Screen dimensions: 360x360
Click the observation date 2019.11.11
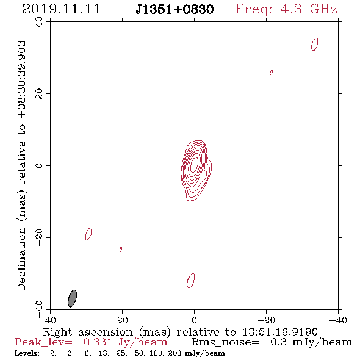pyautogui.click(x=61, y=9)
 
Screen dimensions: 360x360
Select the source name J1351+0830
pyautogui.click(x=175, y=9)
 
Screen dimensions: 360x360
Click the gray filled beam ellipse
pyautogui.click(x=73, y=298)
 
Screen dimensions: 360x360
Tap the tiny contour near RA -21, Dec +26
pyautogui.click(x=271, y=73)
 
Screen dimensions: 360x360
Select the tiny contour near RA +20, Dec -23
pyautogui.click(x=121, y=249)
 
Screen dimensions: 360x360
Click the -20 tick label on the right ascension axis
pyautogui.click(x=266, y=320)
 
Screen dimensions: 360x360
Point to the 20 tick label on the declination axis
pyautogui.click(x=39, y=94)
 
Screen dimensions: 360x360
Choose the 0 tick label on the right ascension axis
pyautogui.click(x=194, y=320)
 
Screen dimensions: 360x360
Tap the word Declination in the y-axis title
pyautogui.click(x=21, y=259)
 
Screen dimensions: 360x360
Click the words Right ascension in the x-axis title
pyautogui.click(x=88, y=332)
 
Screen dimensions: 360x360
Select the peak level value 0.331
pyautogui.click(x=98, y=342)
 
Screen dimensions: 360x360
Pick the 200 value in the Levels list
pyautogui.click(x=173, y=353)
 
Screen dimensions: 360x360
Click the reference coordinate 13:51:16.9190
pyautogui.click(x=280, y=332)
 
